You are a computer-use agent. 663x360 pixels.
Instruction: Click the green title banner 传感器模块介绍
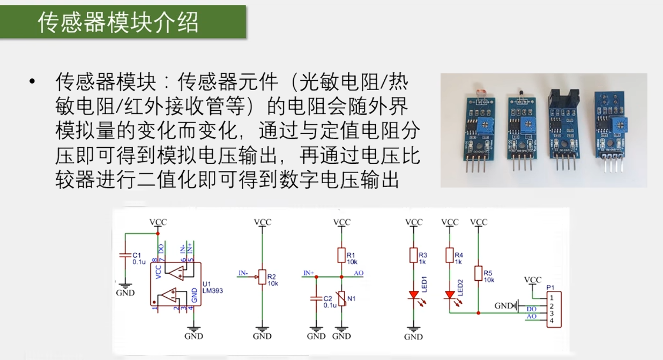[123, 22]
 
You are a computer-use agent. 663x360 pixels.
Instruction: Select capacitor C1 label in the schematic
[137, 256]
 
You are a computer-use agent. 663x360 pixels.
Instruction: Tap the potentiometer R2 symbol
[262, 277]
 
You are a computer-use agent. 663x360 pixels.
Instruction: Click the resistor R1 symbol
[341, 255]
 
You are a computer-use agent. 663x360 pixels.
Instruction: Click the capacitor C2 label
[329, 298]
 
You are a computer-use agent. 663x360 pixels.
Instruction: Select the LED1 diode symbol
[413, 295]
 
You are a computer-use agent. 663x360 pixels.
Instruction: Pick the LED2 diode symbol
[450, 295]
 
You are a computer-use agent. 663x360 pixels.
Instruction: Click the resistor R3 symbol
[413, 255]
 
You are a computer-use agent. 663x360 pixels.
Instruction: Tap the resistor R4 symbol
[450, 255]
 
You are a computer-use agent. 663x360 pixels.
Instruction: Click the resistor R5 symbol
[478, 273]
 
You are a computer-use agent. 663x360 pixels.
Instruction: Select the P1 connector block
[553, 309]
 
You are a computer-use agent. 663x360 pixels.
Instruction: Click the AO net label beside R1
[359, 273]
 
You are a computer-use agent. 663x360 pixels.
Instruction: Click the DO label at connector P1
[531, 309]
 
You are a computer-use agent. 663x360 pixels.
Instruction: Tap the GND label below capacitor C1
[125, 293]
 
